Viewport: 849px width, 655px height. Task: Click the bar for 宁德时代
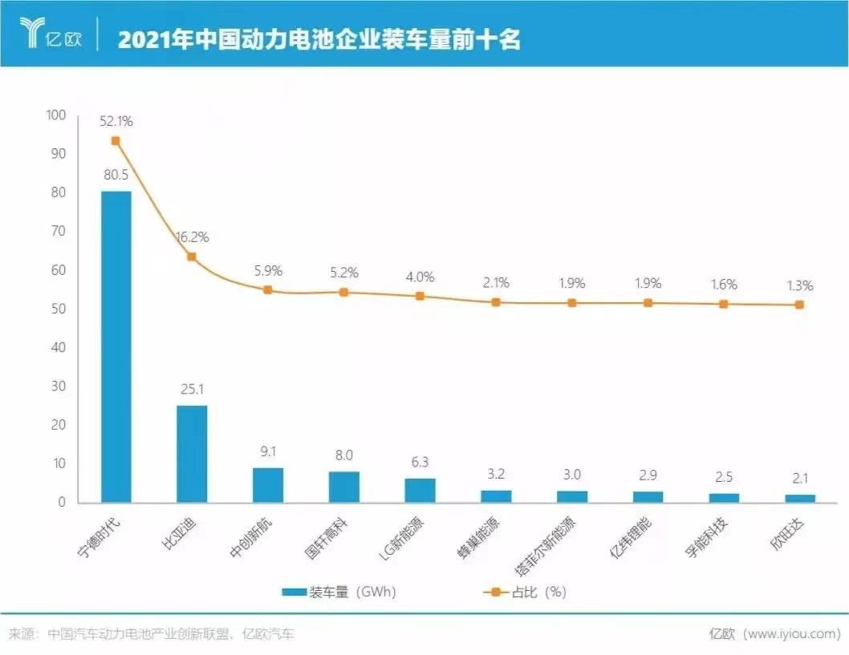click(x=116, y=346)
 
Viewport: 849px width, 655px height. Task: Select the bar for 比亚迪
click(x=192, y=454)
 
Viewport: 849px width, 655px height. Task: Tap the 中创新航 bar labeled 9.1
click(x=268, y=485)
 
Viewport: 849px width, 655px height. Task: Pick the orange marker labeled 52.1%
click(x=116, y=141)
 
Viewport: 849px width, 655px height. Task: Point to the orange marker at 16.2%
click(x=192, y=257)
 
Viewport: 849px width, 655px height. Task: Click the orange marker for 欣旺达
click(x=799, y=305)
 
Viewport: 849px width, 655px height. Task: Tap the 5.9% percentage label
click(x=268, y=270)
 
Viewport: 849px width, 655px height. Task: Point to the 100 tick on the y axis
click(x=57, y=115)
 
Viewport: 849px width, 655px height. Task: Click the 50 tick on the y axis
click(x=60, y=309)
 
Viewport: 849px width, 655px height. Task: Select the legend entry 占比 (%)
click(x=525, y=592)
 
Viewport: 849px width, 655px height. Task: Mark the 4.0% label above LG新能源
click(x=420, y=277)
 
